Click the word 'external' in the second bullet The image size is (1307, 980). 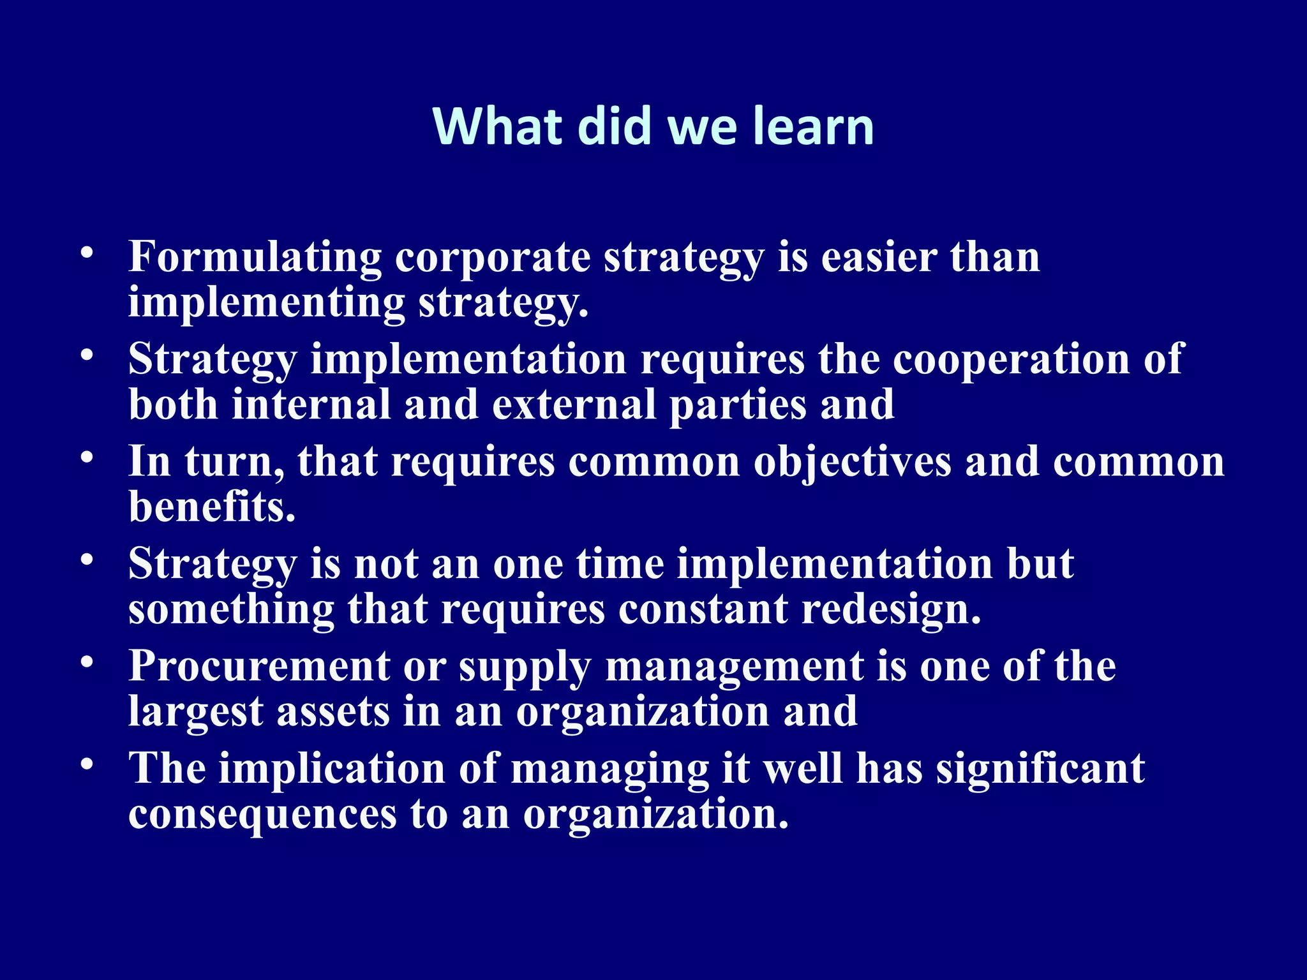click(574, 405)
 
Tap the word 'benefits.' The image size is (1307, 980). click(213, 507)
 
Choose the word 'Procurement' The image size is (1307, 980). click(259, 667)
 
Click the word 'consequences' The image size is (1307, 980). click(262, 815)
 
